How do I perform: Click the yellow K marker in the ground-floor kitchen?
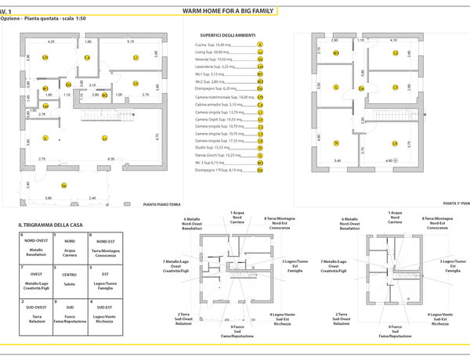[x=45, y=138]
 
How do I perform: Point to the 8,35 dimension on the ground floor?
[x=110, y=159]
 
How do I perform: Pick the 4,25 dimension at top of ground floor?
[x=51, y=41]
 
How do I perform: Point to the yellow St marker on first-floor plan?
[x=334, y=143]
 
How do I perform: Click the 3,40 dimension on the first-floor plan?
[x=337, y=160]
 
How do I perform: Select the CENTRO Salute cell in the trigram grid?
[x=70, y=277]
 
